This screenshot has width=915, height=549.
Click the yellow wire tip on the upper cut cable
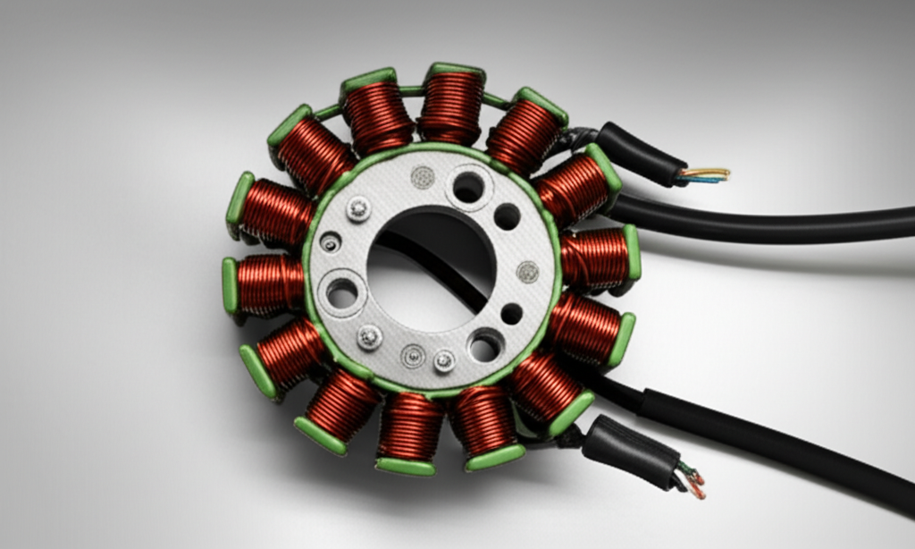pyautogui.click(x=715, y=172)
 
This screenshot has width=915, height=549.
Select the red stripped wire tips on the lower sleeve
pyautogui.click(x=696, y=488)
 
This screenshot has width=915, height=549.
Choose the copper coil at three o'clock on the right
pyautogui.click(x=596, y=258)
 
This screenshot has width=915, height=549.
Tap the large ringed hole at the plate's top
pyautogui.click(x=468, y=187)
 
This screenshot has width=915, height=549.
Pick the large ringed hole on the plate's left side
pyautogui.click(x=342, y=291)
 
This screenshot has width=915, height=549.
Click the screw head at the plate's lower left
pyautogui.click(x=370, y=337)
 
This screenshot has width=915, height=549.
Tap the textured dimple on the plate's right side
pyautogui.click(x=528, y=272)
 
